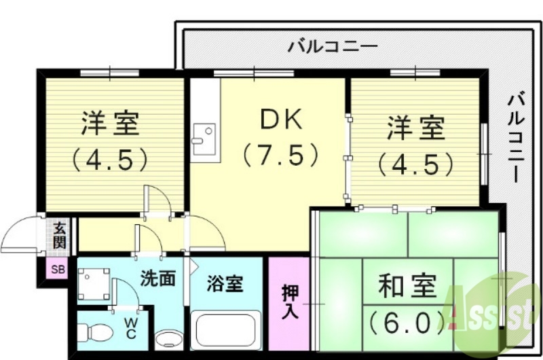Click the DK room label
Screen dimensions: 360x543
[x=281, y=121]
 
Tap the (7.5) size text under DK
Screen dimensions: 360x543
[x=281, y=156]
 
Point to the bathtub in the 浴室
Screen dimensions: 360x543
[x=226, y=331]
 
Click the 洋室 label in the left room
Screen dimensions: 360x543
[x=111, y=124]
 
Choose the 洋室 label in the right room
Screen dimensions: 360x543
[x=416, y=127]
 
